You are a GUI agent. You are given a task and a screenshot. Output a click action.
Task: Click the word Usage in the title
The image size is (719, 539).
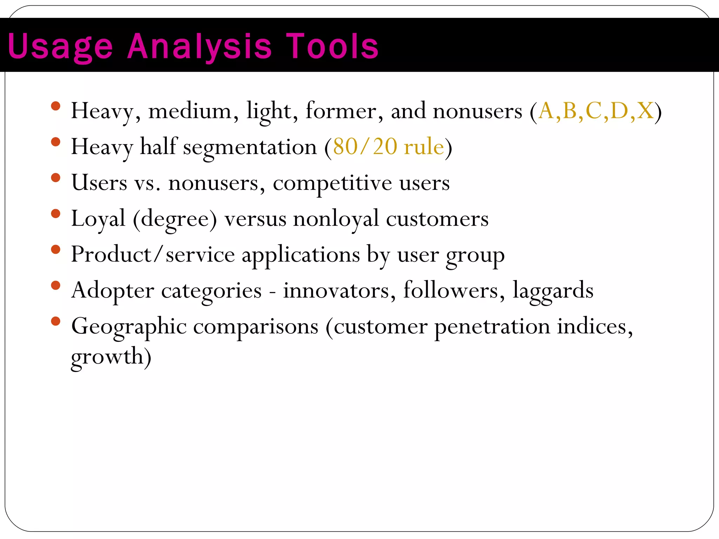coord(60,47)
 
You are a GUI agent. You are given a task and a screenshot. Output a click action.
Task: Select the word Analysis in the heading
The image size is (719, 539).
coord(199,47)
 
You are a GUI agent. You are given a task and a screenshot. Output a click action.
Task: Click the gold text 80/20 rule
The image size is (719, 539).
coord(388,147)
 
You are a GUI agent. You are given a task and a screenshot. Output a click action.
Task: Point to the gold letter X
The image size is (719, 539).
coord(645,111)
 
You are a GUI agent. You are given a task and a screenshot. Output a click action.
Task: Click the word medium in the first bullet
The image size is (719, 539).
coord(190,111)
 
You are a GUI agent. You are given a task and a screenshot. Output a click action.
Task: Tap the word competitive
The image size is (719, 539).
coord(332,183)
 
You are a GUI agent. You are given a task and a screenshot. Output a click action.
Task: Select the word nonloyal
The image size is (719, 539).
coord(336,219)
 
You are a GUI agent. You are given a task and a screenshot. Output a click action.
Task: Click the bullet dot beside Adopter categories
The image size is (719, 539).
coord(55,285)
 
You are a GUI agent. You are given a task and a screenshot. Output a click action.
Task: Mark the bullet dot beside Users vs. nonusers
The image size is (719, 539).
coord(55,178)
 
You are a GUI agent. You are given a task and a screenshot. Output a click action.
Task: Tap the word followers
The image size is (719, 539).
coord(451,290)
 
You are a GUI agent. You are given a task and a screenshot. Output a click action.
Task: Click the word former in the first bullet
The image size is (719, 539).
coord(341,111)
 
